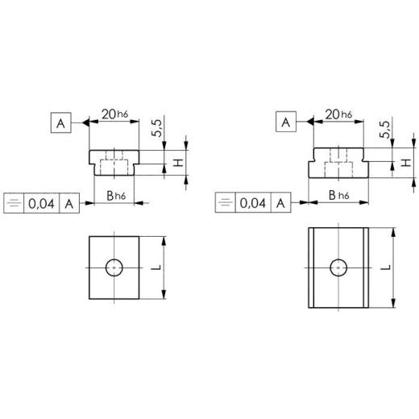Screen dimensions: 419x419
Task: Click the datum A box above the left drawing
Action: pyautogui.click(x=61, y=122)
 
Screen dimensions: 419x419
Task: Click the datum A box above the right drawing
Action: pyautogui.click(x=286, y=122)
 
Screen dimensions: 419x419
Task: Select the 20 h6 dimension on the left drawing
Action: pyautogui.click(x=114, y=114)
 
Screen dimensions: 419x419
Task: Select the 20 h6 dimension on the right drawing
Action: pyautogui.click(x=338, y=114)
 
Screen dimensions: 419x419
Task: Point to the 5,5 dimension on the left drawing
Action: pyautogui.click(x=157, y=128)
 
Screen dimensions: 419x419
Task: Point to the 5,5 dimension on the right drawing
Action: pyautogui.click(x=385, y=130)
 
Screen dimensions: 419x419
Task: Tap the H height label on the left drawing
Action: pyautogui.click(x=178, y=163)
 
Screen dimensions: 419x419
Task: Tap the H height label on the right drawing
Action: pyautogui.click(x=406, y=163)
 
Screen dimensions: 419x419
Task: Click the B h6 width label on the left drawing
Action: pyautogui.click(x=116, y=196)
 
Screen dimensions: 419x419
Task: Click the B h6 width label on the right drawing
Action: pyautogui.click(x=339, y=195)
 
